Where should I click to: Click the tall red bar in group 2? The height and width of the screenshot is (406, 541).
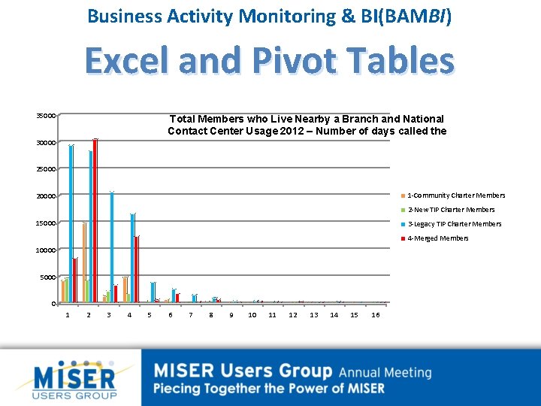[x=95, y=221]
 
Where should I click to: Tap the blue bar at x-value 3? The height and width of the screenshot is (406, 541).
[x=112, y=247]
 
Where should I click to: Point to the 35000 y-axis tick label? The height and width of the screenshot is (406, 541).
[x=46, y=116]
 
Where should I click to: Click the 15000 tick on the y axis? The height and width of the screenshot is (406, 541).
[x=46, y=223]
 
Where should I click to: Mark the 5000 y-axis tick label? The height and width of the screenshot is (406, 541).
[x=48, y=277]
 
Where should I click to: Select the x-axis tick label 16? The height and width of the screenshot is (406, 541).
[x=375, y=315]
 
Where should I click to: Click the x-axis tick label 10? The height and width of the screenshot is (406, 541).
[x=252, y=315]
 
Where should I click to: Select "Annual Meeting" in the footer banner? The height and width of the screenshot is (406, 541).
[x=385, y=372]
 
